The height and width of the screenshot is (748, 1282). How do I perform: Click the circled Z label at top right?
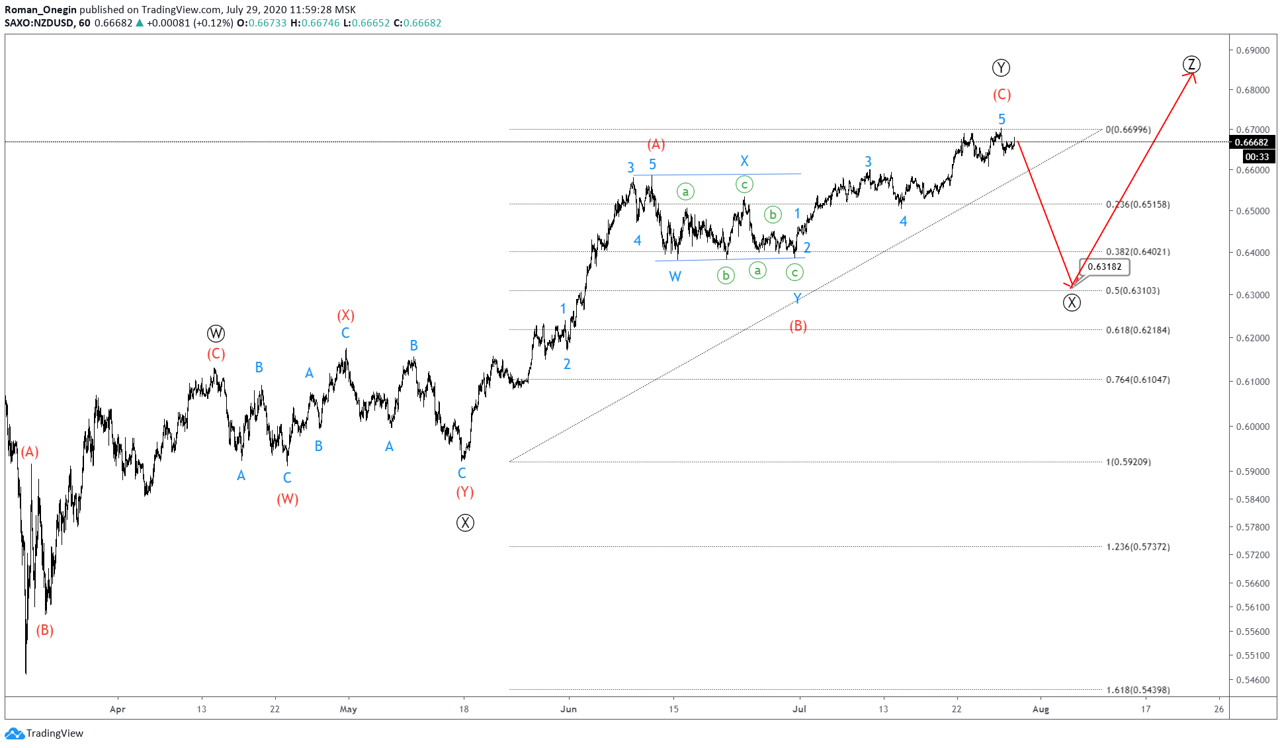click(x=1191, y=64)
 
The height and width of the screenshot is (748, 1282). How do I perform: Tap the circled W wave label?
click(x=216, y=333)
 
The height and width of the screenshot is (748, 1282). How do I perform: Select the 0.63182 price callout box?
click(x=1105, y=267)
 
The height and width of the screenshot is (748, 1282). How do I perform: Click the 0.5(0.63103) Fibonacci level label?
click(x=1132, y=291)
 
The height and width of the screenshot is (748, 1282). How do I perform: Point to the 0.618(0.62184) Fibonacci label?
click(x=1137, y=330)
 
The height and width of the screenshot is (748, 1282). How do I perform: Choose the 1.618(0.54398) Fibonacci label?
click(x=1137, y=690)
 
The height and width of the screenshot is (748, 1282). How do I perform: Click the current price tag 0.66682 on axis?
click(x=1252, y=142)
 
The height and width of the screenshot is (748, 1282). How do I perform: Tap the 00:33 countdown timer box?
click(x=1257, y=157)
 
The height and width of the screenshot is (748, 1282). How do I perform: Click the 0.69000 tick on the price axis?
click(x=1253, y=50)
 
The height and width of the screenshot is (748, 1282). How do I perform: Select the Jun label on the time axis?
click(x=568, y=709)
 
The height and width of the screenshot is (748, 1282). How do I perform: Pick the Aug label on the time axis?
click(x=1041, y=709)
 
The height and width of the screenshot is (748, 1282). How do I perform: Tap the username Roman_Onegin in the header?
click(x=40, y=9)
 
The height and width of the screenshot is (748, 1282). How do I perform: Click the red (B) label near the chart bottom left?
click(x=45, y=630)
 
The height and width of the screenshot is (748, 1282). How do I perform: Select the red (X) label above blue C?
click(x=345, y=315)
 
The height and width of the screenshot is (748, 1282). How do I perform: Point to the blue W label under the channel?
click(x=675, y=276)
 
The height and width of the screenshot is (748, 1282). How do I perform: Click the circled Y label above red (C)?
click(x=1001, y=67)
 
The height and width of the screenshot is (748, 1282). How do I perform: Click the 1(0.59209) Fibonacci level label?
click(x=1128, y=462)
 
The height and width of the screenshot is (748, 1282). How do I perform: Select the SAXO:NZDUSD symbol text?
click(x=39, y=22)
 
